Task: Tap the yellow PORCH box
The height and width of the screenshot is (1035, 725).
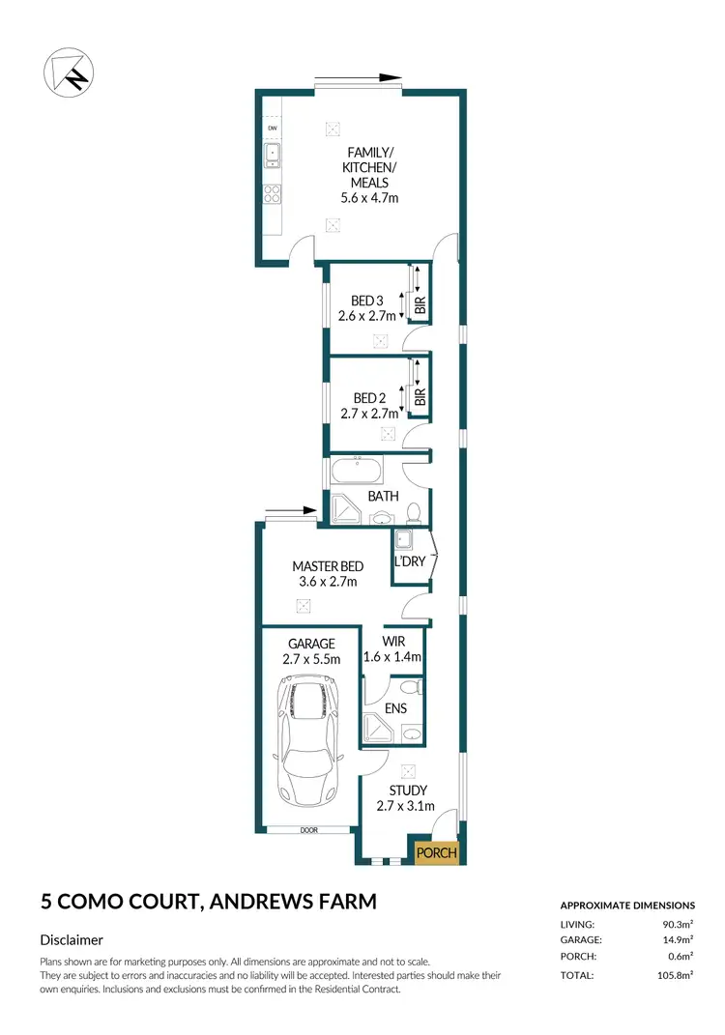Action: click(435, 852)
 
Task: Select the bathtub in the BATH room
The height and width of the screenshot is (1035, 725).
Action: click(356, 474)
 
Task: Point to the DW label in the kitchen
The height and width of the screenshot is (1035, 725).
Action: click(273, 129)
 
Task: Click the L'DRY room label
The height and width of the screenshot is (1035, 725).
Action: click(409, 561)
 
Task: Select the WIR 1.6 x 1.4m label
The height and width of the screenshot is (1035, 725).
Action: click(392, 648)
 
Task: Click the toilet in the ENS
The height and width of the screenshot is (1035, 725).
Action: click(411, 687)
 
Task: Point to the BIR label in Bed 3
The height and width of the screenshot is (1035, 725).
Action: click(420, 306)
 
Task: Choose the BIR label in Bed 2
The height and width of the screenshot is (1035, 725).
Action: click(420, 397)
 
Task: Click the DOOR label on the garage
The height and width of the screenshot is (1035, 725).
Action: click(308, 829)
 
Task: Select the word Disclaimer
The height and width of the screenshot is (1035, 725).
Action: click(72, 939)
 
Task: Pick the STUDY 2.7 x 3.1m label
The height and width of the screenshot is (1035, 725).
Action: click(405, 798)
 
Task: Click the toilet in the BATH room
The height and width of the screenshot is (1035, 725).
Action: click(413, 511)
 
